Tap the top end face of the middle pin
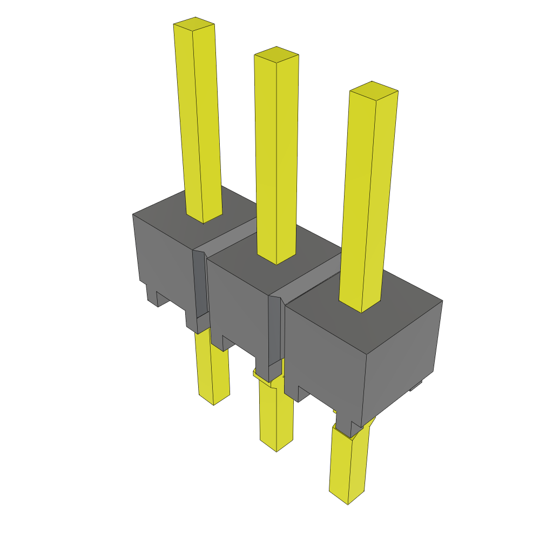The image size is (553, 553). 276,53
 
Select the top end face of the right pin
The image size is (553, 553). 373,90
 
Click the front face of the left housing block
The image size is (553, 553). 162,259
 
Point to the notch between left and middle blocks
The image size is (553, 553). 200,286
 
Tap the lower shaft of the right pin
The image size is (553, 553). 348,464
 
